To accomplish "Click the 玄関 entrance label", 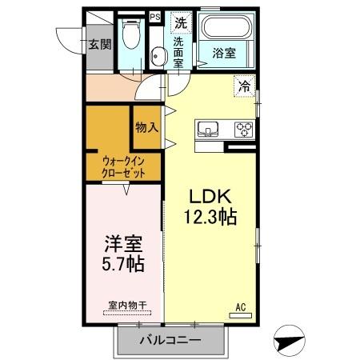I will pos(100,44).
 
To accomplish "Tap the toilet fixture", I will pos(132,34).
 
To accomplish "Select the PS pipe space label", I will pos(154,15).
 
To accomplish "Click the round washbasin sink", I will pos(158,55).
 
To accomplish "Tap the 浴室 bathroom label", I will pos(224,54).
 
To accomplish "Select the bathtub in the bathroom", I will pos(224,30).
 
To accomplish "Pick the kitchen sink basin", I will pos(210,128).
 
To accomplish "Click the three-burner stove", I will pos(242,128).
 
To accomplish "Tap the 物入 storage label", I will pos(146,127).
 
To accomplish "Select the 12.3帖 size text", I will pos(210,216).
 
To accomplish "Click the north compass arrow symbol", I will pos(290,340).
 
